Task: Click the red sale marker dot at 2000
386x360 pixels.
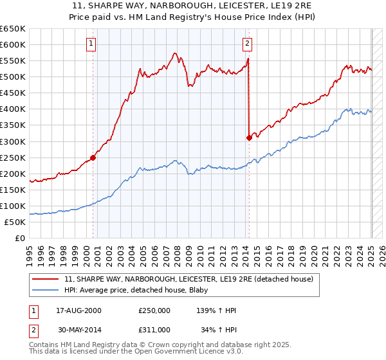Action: pyautogui.click(x=93, y=157)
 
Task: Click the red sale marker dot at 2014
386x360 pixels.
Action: pyautogui.click(x=248, y=137)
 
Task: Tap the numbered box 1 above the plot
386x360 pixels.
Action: pyautogui.click(x=91, y=44)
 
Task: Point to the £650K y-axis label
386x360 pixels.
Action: pyautogui.click(x=14, y=29)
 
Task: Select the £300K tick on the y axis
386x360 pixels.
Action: pyautogui.click(x=14, y=141)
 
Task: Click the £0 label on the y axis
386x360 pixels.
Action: pyautogui.click(x=21, y=238)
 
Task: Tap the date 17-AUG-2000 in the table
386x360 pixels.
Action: pyautogui.click(x=78, y=310)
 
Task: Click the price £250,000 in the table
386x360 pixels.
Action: pyautogui.click(x=154, y=310)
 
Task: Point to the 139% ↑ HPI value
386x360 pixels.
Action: pyautogui.click(x=216, y=310)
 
